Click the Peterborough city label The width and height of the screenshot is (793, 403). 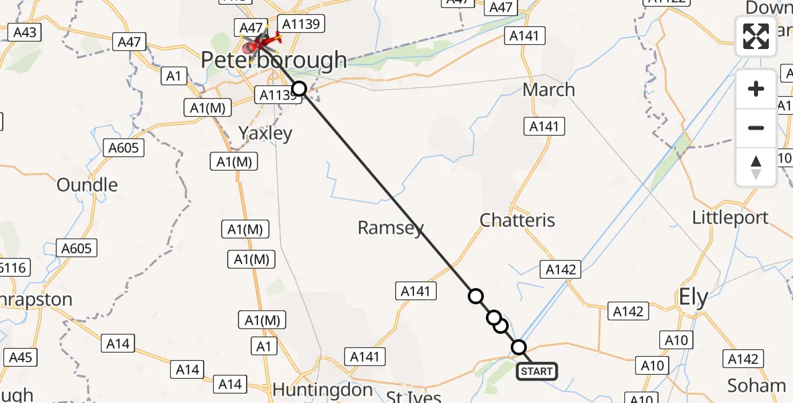[274, 61]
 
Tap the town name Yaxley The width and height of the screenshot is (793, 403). [265, 133]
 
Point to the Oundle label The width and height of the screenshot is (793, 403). [87, 185]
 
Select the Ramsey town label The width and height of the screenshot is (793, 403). [390, 228]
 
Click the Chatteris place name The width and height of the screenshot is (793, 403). [517, 220]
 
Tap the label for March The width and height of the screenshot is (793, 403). [548, 89]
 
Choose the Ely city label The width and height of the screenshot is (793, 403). [693, 298]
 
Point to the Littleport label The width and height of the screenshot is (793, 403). [731, 218]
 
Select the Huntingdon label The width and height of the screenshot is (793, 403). [323, 390]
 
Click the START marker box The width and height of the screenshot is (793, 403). [536, 371]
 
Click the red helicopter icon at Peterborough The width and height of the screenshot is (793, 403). [258, 45]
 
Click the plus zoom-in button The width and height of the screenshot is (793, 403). [756, 89]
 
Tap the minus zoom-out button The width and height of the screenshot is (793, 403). [756, 128]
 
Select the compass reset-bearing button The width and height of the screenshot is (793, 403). [756, 167]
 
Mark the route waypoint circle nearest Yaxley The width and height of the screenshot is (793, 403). [299, 89]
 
